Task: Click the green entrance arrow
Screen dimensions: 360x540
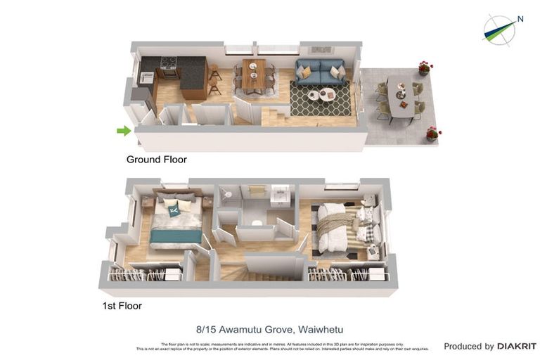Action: click(x=124, y=130)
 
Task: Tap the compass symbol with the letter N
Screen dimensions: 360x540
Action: click(x=500, y=30)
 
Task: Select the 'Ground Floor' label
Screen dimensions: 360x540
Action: click(x=156, y=160)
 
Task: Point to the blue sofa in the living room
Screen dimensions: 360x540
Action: click(x=320, y=71)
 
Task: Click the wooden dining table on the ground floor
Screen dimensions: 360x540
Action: click(x=254, y=75)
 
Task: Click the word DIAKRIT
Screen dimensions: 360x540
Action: click(x=516, y=347)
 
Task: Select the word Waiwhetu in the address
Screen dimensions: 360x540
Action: click(x=321, y=329)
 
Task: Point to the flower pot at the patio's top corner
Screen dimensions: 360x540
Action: click(x=425, y=67)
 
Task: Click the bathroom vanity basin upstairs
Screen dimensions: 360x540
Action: click(x=281, y=193)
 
